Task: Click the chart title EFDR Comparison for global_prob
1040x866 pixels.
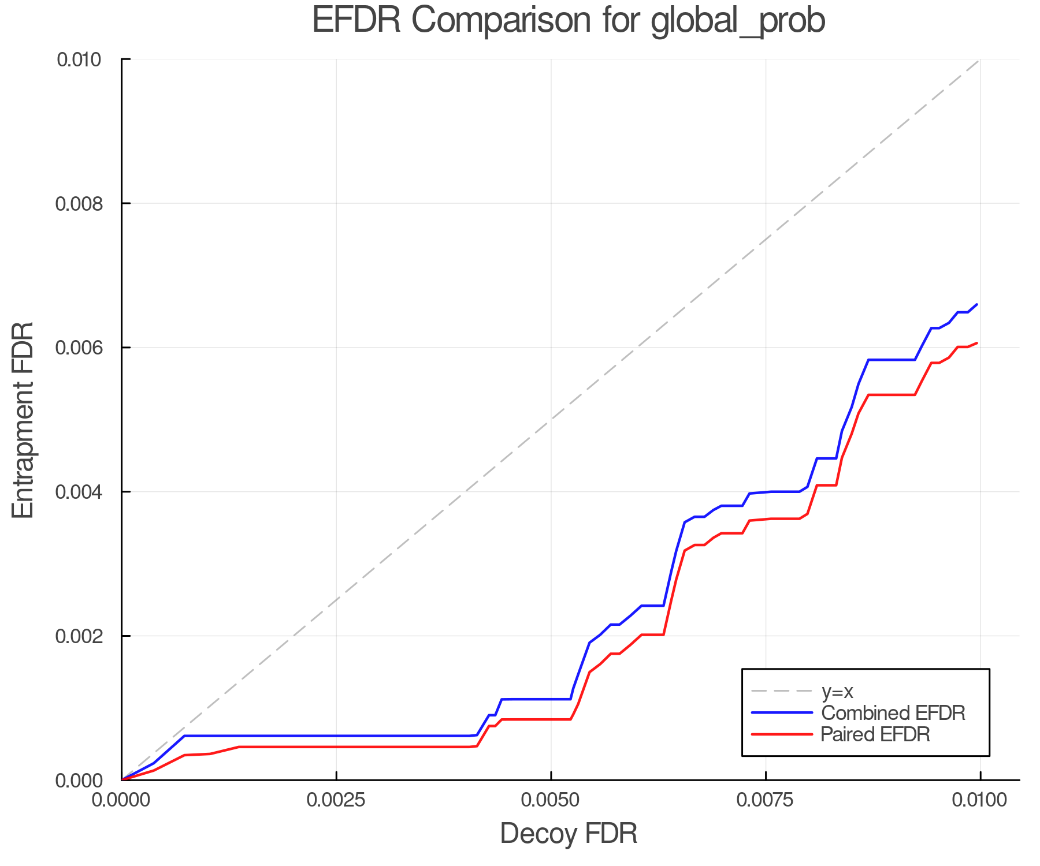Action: pyautogui.click(x=569, y=21)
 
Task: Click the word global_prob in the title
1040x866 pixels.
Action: pyautogui.click(x=738, y=21)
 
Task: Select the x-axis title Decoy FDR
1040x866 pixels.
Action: pyautogui.click(x=569, y=833)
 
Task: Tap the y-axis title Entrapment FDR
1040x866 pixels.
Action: pyautogui.click(x=24, y=420)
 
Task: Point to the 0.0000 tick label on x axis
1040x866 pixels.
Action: pyautogui.click(x=121, y=800)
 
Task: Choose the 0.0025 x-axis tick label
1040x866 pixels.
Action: pyautogui.click(x=336, y=800)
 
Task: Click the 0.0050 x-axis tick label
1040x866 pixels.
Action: pyautogui.click(x=551, y=800)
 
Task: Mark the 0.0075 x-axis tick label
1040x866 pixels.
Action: pyautogui.click(x=766, y=800)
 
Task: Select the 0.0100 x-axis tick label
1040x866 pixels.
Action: pyautogui.click(x=980, y=800)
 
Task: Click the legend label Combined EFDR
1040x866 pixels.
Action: pyautogui.click(x=893, y=713)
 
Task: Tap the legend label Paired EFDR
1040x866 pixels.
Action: pyautogui.click(x=875, y=734)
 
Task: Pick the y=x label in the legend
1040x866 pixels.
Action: pyautogui.click(x=837, y=691)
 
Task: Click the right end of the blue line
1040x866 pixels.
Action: pyautogui.click(x=976, y=304)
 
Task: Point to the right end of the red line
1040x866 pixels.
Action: pyautogui.click(x=976, y=343)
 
